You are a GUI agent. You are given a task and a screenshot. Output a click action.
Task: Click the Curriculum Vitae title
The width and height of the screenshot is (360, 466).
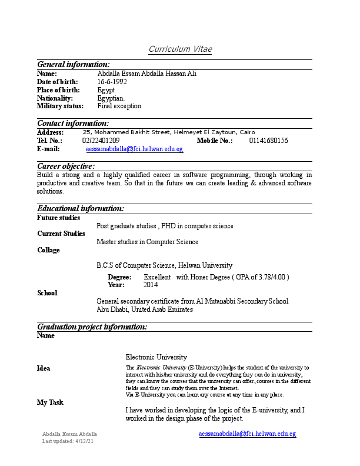(x=180, y=49)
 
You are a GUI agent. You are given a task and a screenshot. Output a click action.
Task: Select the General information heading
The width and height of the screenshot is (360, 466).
(x=73, y=64)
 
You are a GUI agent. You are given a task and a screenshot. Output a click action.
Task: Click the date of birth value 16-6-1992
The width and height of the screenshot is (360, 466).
(x=112, y=82)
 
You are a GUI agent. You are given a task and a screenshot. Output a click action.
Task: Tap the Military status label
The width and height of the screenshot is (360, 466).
(x=60, y=106)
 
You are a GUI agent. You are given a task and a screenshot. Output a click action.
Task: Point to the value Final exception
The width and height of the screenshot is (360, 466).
(x=119, y=106)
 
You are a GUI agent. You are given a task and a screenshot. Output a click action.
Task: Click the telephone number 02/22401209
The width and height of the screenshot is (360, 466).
(x=101, y=141)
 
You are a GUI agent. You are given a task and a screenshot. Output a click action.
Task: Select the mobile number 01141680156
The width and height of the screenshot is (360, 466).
(x=268, y=141)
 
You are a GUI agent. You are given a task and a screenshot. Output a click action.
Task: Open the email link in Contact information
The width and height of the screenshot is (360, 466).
(x=134, y=149)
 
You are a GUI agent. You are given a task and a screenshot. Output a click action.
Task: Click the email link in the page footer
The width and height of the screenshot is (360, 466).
(x=247, y=434)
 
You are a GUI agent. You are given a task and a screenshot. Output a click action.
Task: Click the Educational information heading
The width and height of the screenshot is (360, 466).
(x=81, y=209)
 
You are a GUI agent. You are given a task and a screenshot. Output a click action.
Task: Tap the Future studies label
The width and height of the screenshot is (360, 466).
(x=58, y=218)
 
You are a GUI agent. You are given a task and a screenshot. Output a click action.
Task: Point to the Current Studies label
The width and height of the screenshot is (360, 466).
(x=61, y=234)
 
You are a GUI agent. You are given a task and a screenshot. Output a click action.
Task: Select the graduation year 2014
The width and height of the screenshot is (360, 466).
(x=151, y=285)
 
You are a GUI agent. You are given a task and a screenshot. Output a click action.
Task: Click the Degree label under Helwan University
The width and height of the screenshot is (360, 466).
(x=119, y=277)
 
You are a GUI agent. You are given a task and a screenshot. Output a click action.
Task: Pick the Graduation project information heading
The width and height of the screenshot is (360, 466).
(x=92, y=327)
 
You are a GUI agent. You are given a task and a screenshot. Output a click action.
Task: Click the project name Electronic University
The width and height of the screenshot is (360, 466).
(x=156, y=357)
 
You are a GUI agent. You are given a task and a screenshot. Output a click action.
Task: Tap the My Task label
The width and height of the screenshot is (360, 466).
(x=50, y=402)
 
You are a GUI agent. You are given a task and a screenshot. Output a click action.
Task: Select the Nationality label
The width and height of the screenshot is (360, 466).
(x=55, y=98)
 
